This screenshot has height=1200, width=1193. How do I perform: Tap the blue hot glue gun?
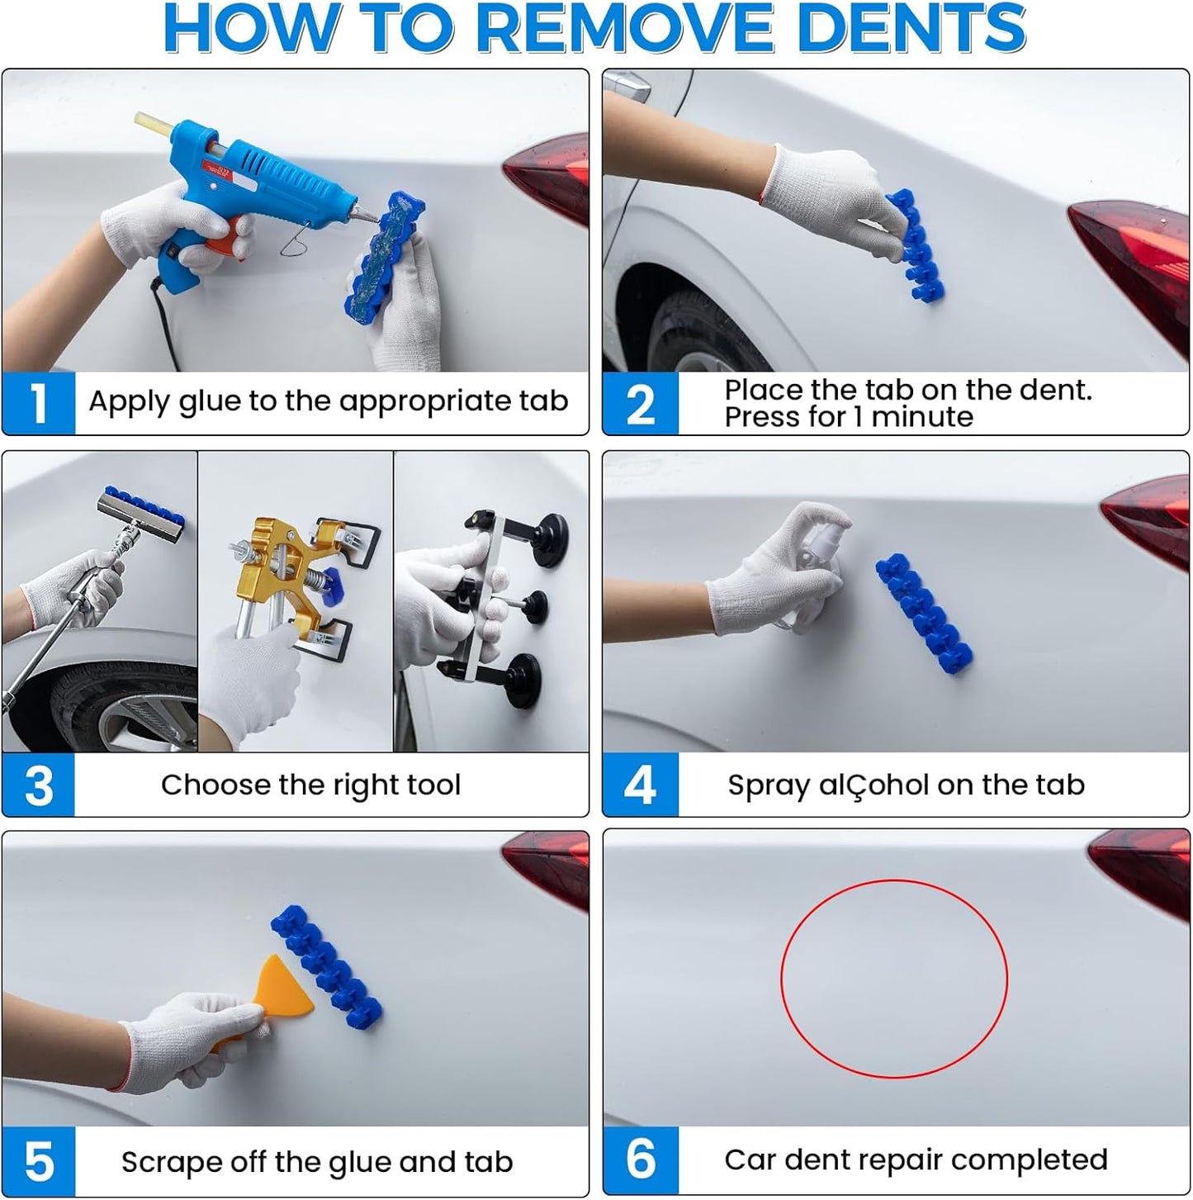(249, 187)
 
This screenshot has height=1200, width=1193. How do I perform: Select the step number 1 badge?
(39, 403)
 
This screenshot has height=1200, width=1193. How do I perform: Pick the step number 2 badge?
(640, 404)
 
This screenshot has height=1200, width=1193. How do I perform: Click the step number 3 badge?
(39, 785)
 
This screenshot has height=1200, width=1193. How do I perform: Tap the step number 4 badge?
(640, 785)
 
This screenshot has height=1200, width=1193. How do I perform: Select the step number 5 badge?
(39, 1162)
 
